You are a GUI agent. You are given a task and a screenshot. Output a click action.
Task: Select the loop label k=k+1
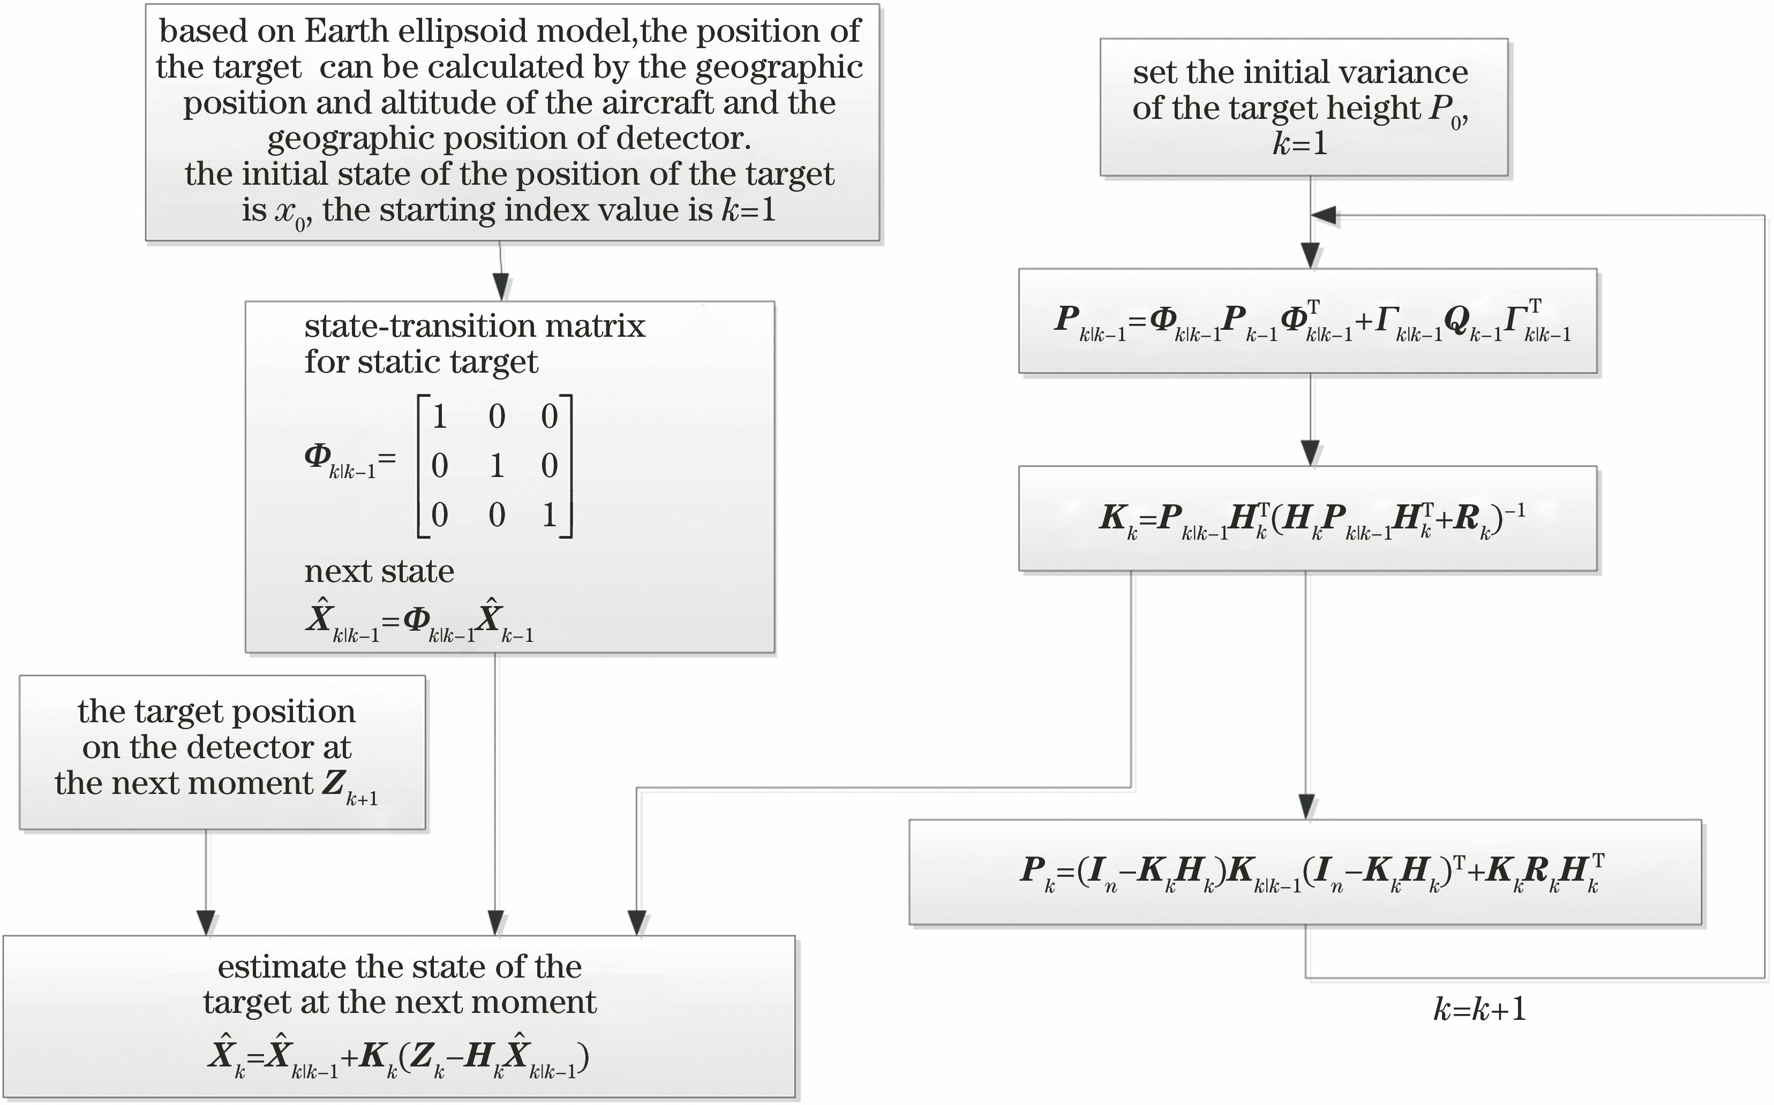[1479, 1009]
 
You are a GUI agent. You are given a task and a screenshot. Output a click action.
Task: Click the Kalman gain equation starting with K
[1312, 520]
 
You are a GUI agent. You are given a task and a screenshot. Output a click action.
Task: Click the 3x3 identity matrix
[495, 466]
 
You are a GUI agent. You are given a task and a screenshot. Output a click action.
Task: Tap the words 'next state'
[379, 571]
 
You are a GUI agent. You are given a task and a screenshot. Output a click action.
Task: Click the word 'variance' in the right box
[1395, 72]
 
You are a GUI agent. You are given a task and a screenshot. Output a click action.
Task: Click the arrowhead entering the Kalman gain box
[1311, 452]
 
